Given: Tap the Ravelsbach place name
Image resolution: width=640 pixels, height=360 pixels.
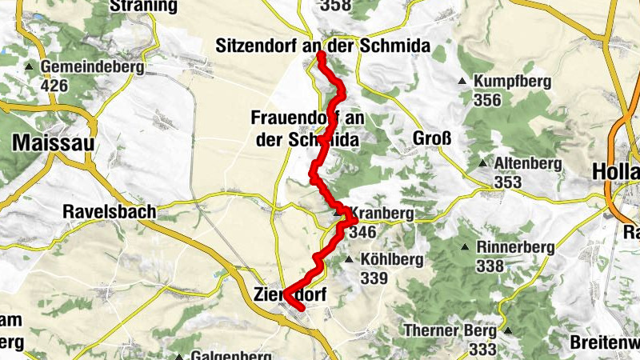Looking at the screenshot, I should [109, 213].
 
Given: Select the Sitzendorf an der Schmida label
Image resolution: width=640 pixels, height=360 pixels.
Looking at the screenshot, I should [323, 46].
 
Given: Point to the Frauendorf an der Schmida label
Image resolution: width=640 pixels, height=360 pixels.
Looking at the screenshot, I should [308, 128].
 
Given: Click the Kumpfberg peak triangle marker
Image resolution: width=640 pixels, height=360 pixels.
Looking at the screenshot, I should [462, 82].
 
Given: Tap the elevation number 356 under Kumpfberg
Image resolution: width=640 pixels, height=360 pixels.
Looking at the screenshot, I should [486, 100].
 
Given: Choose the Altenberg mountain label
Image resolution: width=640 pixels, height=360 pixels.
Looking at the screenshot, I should [528, 164].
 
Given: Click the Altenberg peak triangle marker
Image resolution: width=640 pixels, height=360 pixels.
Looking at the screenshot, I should [482, 164].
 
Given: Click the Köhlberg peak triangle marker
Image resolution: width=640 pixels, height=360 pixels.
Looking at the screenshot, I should [348, 260].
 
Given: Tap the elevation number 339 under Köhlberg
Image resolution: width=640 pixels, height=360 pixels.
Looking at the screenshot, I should [374, 278].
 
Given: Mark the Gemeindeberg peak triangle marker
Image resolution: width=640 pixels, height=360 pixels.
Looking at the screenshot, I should [30, 67].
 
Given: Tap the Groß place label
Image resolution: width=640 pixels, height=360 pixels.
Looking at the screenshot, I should [432, 138].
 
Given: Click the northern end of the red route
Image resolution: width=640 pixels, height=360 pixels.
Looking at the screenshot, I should [320, 55].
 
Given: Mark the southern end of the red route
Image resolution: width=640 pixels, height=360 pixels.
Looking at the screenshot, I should [302, 307].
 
